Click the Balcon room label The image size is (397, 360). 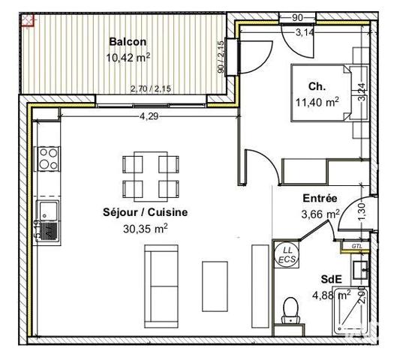pos(128,42)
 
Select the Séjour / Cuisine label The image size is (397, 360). pos(145,212)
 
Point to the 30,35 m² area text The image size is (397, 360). pos(145,228)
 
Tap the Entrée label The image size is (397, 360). pos(319,199)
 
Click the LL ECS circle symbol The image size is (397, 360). pos(287,253)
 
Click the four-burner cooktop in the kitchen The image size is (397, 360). pos(49,158)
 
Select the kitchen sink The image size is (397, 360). pos(47,211)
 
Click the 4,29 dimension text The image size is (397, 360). pos(151,115)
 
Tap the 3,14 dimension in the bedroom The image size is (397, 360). pos(305,32)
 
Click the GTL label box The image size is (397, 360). pos(356,245)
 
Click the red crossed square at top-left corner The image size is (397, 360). pos(29,19)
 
